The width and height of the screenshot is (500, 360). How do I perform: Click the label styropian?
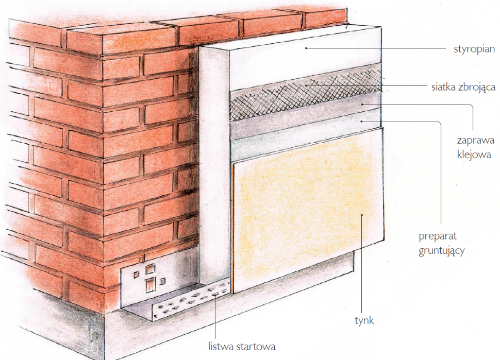pos(474,49)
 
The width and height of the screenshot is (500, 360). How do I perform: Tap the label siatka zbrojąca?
pos(463,87)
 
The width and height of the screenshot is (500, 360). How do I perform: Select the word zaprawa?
pos(475,141)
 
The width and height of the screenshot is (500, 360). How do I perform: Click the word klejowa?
pos(474,155)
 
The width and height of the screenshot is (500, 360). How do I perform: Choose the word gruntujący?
pos(442,251)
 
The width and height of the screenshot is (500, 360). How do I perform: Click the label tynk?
pos(364,320)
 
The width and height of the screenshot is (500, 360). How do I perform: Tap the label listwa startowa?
pos(242,346)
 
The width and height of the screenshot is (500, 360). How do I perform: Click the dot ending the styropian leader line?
pos(306,48)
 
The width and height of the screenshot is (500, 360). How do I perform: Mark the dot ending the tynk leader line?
pos(362,215)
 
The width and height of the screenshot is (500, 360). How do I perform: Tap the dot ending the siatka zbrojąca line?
pos(306,85)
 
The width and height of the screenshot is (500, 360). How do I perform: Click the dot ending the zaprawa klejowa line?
pos(362,104)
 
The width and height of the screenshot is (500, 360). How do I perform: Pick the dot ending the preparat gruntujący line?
pos(361,122)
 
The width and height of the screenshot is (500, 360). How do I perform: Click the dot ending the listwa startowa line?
pos(215,295)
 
